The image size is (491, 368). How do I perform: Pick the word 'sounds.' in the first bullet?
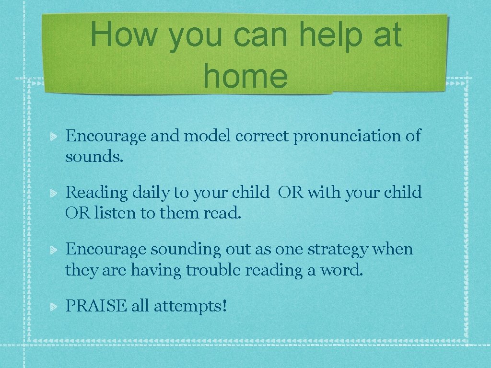pyautogui.click(x=94, y=157)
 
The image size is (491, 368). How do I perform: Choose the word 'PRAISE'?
pyautogui.click(x=95, y=306)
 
